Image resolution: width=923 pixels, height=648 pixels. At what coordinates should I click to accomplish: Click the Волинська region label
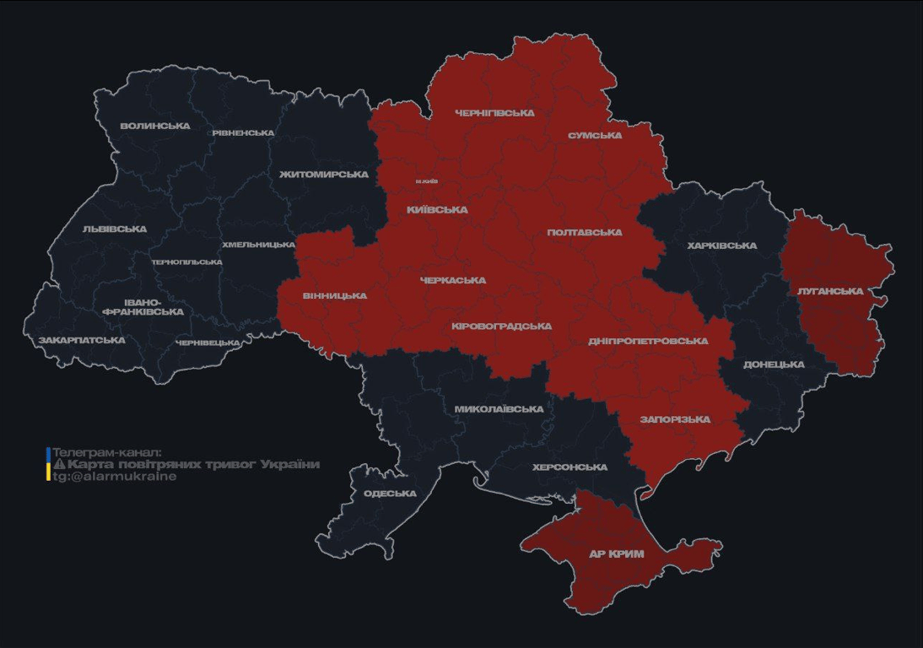point(155,126)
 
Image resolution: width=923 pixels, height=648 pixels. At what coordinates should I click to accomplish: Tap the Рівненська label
point(243,132)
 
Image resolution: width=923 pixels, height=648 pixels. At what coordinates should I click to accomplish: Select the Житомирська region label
point(324,174)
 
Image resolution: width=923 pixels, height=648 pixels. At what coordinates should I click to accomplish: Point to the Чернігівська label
point(494,112)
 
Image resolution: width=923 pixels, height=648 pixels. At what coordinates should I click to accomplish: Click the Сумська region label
point(595,135)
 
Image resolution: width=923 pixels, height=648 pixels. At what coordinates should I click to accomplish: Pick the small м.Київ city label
point(427,181)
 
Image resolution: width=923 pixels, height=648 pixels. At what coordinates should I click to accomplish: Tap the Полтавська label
point(585,232)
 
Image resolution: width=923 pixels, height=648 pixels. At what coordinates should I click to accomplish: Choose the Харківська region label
point(721,246)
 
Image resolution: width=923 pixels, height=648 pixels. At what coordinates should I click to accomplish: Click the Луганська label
point(830,291)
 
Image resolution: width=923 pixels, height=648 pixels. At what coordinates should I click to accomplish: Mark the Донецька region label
point(774,364)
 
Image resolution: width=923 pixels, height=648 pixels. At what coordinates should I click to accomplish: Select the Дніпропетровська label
point(648,341)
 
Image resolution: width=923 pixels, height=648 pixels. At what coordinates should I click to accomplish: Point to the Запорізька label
point(675,419)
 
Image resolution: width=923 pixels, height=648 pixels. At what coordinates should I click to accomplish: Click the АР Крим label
point(616,554)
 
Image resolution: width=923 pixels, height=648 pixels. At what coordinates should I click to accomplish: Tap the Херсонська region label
point(569,467)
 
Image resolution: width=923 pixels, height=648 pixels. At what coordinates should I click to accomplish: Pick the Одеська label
point(390,494)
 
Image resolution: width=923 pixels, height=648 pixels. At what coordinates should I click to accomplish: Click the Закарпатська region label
point(82,340)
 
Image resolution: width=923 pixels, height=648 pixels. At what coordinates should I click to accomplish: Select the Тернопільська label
point(187,262)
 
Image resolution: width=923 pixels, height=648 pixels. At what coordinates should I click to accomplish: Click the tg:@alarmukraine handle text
point(115,476)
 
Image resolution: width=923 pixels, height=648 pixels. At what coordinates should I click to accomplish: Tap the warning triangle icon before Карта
point(59,464)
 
